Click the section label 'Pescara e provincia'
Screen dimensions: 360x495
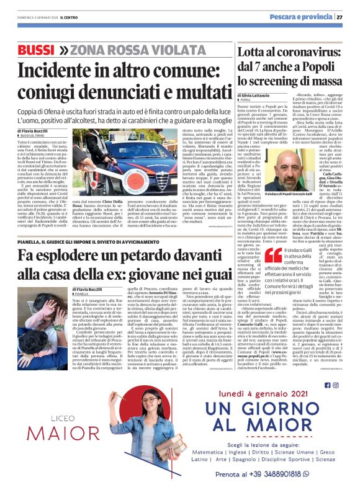(x=302, y=17)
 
